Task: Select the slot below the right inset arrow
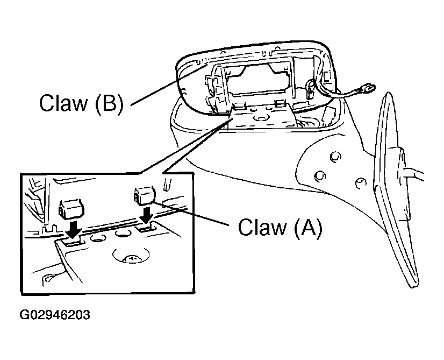(148, 228)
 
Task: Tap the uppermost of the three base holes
(335, 156)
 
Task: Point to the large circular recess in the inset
(131, 257)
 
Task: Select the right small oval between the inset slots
(122, 232)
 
